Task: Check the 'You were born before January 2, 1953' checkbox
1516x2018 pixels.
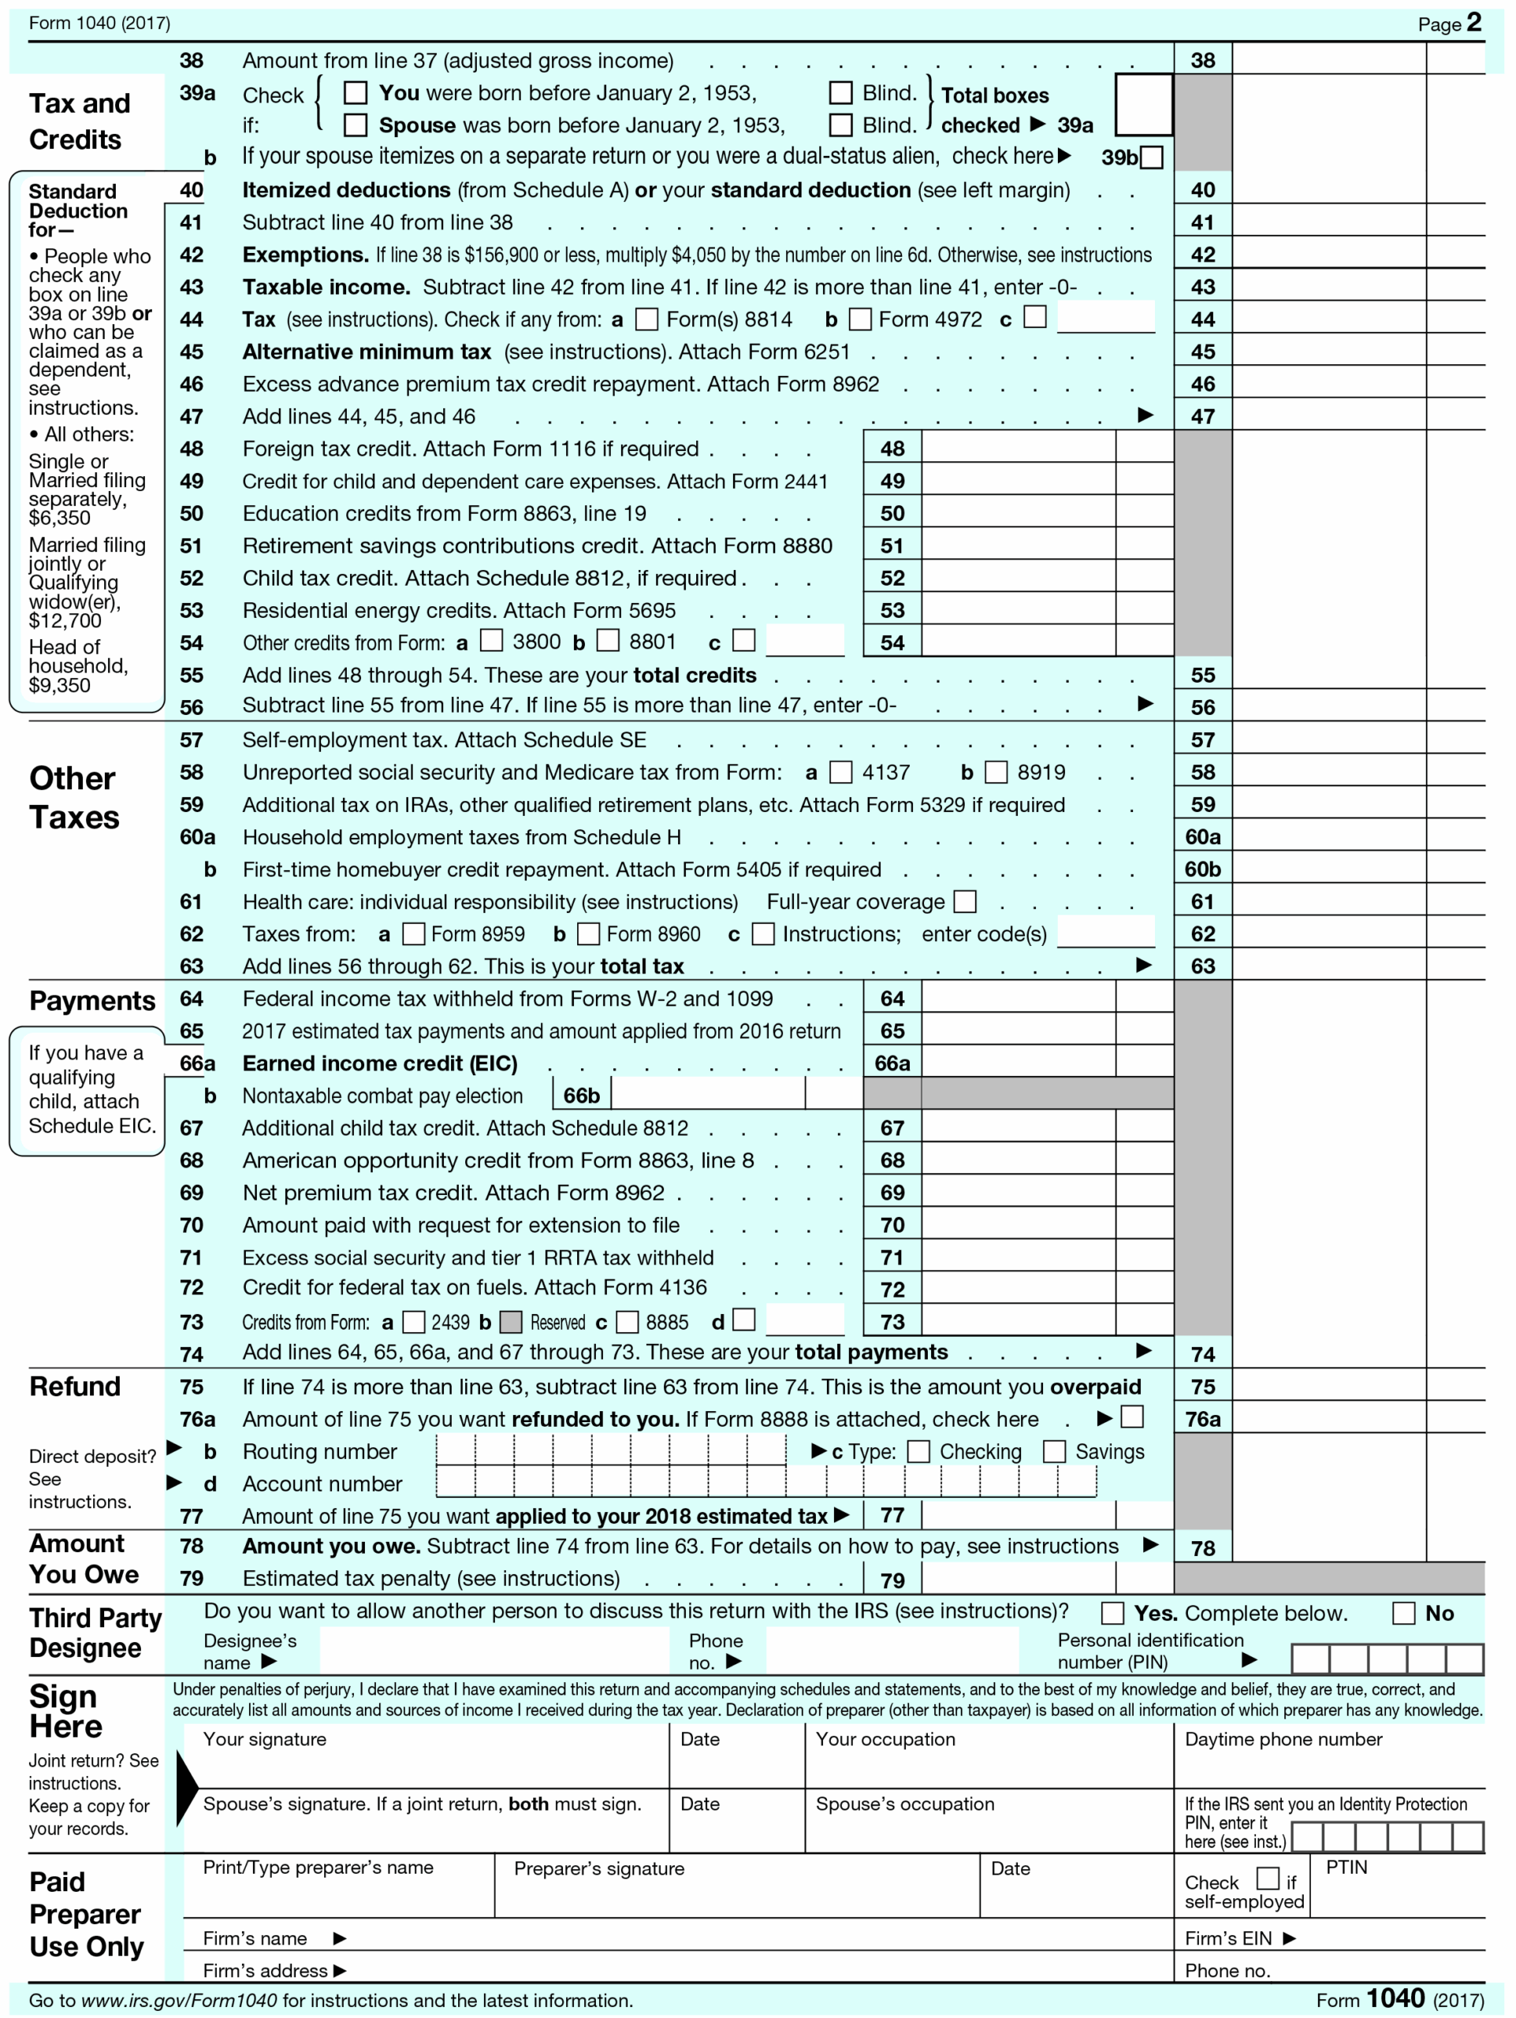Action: tap(356, 93)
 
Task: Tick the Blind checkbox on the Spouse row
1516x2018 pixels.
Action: tap(840, 125)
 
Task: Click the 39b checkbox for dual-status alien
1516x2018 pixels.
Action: tap(1152, 158)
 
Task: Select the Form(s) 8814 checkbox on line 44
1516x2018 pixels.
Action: tap(646, 319)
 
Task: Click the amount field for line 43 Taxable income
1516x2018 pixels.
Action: tap(1328, 288)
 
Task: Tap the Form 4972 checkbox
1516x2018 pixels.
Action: tap(860, 319)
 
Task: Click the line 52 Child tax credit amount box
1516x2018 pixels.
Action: tap(1018, 579)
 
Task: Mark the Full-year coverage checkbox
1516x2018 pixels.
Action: tap(965, 903)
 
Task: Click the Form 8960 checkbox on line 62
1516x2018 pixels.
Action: tap(589, 934)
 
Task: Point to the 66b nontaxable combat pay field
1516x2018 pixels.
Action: tap(708, 1096)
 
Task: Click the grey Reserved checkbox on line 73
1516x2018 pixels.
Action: tap(512, 1322)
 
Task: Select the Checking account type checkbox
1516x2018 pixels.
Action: tap(918, 1451)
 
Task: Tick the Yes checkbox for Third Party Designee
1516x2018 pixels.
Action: tap(1112, 1613)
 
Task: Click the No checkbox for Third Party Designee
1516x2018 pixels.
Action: tap(1403, 1613)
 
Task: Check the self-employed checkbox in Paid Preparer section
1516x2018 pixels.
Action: tap(1267, 1878)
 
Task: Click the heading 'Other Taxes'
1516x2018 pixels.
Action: tap(74, 799)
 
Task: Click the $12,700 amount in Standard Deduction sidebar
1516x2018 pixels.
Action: tap(65, 621)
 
